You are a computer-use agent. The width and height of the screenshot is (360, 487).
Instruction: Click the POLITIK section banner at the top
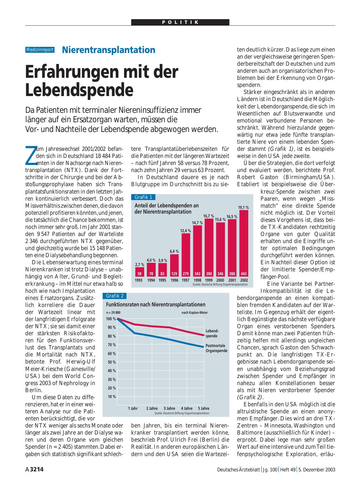180,22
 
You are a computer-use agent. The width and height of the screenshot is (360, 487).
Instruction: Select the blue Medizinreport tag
40,50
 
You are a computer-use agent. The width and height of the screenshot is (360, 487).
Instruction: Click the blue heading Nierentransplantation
109,50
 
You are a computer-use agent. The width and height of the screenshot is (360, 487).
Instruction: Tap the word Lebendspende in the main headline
79,90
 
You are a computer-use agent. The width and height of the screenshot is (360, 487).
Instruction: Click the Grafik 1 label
143,197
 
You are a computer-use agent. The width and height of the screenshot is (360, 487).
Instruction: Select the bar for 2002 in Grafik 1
244,243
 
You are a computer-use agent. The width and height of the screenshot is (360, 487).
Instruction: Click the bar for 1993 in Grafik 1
139,272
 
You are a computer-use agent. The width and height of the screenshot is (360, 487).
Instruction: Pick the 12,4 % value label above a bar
185,231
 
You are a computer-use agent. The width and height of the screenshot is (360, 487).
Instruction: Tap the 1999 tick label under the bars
209,280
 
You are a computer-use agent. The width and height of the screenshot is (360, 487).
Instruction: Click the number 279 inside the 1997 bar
186,274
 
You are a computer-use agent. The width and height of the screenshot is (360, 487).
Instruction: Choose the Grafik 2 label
114,296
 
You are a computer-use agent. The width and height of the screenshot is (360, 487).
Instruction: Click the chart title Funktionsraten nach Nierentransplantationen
156,305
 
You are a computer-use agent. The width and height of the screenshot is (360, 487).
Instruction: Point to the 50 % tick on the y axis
112,362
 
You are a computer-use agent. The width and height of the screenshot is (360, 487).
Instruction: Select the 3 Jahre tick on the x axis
169,408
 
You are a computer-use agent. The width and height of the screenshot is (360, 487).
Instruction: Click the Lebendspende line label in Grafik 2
212,333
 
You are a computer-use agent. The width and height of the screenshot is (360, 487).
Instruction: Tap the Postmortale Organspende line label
216,348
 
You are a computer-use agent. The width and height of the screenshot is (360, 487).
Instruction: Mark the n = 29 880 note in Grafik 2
113,313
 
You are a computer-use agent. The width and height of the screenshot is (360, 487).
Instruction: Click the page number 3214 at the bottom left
37,469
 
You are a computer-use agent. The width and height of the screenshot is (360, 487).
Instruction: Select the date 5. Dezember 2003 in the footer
317,470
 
